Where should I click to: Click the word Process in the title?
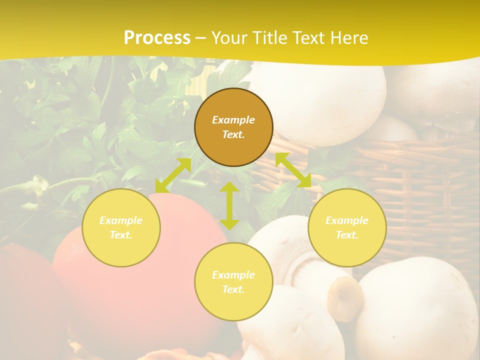157,38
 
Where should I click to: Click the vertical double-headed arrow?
229,205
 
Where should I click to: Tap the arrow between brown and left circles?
173,175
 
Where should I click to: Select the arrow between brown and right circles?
293,170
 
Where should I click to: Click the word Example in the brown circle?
233,120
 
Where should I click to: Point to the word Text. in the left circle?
121,235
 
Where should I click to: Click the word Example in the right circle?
347,220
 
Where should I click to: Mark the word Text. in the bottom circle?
233,289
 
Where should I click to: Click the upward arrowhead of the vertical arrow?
229,187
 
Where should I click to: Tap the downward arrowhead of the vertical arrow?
229,223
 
